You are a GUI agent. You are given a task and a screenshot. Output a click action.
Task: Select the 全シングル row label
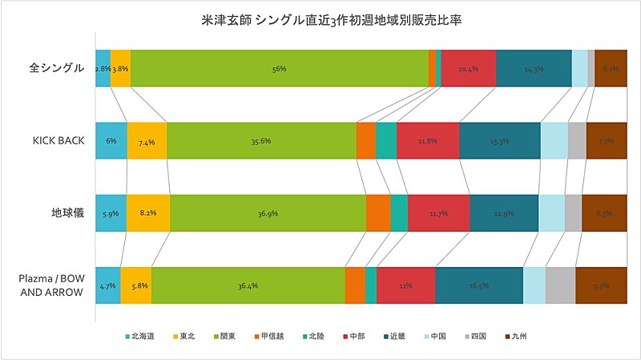(x=56, y=69)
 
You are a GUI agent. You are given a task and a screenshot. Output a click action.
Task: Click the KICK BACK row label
(x=58, y=141)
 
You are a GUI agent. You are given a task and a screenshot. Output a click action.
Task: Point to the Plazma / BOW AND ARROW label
(x=51, y=285)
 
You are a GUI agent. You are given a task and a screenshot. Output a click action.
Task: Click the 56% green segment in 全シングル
(x=280, y=69)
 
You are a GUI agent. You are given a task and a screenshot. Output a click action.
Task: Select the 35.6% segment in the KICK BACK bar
(x=261, y=141)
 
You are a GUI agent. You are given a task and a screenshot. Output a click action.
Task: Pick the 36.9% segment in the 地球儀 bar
(x=268, y=213)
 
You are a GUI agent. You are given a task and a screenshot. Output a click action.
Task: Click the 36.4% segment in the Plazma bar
(x=248, y=285)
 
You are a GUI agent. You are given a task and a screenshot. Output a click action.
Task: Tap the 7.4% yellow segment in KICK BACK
(x=147, y=141)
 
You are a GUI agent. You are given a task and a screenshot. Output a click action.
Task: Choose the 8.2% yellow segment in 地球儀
(x=148, y=213)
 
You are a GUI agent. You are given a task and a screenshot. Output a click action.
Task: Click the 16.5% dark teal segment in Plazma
(x=479, y=285)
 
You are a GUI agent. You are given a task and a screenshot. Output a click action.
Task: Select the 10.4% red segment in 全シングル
(x=468, y=69)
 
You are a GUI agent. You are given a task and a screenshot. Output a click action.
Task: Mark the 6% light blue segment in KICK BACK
(x=111, y=141)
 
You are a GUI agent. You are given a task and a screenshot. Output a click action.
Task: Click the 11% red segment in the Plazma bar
(x=405, y=285)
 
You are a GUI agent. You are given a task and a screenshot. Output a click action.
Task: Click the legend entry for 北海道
(x=142, y=337)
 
